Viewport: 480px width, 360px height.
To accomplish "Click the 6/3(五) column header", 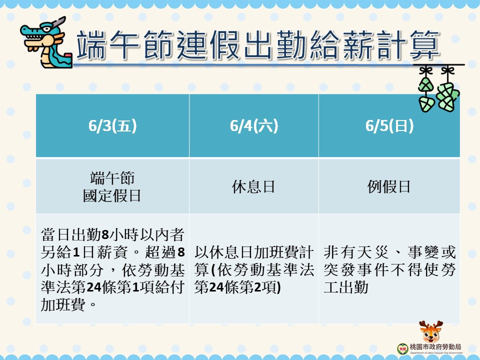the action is pyautogui.click(x=112, y=126).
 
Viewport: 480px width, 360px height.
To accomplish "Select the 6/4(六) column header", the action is pyautogui.click(x=254, y=126).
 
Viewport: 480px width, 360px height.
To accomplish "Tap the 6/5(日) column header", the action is pyautogui.click(x=389, y=126).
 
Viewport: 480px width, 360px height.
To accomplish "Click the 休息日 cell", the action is pyautogui.click(x=253, y=186).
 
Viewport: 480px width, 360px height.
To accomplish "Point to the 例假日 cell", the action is pyautogui.click(x=389, y=186).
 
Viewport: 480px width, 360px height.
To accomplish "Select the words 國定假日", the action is pyautogui.click(x=112, y=195).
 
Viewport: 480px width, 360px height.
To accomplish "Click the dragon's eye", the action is pyautogui.click(x=46, y=29).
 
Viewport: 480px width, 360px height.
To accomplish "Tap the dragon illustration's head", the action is pyautogui.click(x=43, y=33).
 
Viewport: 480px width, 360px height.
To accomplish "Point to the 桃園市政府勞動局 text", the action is pyautogui.click(x=435, y=347).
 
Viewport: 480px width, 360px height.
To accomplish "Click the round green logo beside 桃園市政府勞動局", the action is pyautogui.click(x=402, y=348).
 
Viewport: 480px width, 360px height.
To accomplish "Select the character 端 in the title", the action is pyautogui.click(x=91, y=44).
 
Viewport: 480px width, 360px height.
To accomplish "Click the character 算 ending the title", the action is pyautogui.click(x=425, y=44).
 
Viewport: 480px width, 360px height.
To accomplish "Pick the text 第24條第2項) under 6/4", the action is pyautogui.click(x=237, y=287).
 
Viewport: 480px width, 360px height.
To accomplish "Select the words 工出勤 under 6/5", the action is pyautogui.click(x=346, y=287).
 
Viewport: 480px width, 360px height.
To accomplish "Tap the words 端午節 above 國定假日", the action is pyautogui.click(x=112, y=178).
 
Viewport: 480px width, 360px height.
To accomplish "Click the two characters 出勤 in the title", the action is pyautogui.click(x=275, y=44).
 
